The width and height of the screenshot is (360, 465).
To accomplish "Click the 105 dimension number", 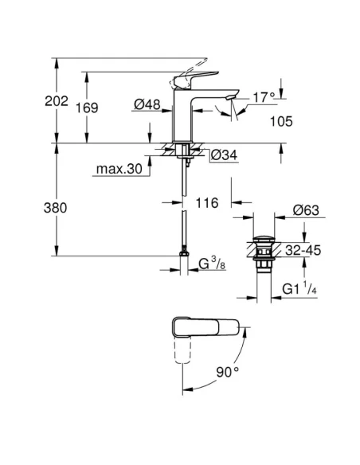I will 281,121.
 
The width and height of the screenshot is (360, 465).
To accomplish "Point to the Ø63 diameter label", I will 306,210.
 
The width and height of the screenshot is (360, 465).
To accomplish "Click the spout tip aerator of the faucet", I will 231,98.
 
